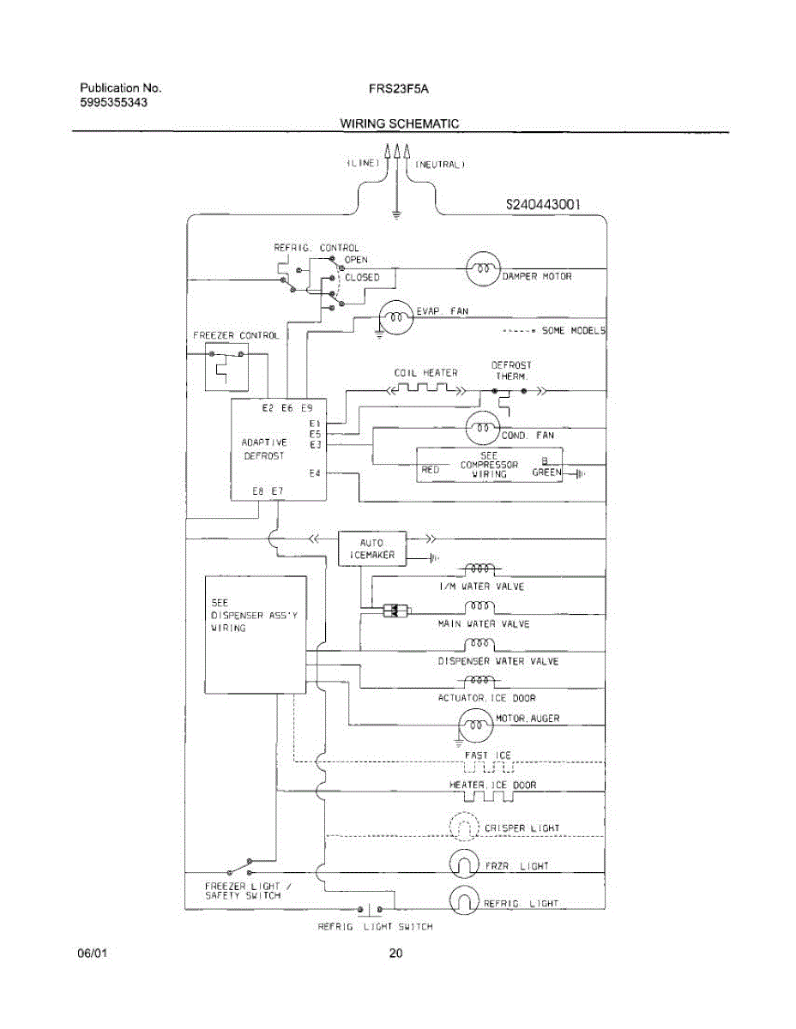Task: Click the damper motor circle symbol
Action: (483, 269)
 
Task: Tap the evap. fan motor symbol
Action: (396, 318)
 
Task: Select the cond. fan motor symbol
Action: (483, 427)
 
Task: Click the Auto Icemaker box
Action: (372, 549)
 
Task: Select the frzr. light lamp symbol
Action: (464, 864)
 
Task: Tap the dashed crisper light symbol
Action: (464, 827)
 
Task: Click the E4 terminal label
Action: (314, 473)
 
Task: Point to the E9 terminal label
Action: (306, 408)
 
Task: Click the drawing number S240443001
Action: (544, 205)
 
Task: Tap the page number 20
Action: (396, 953)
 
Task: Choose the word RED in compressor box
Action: (431, 470)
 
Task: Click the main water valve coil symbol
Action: (480, 606)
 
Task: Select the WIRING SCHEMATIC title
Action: (399, 123)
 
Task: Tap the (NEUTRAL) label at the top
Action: (440, 163)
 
